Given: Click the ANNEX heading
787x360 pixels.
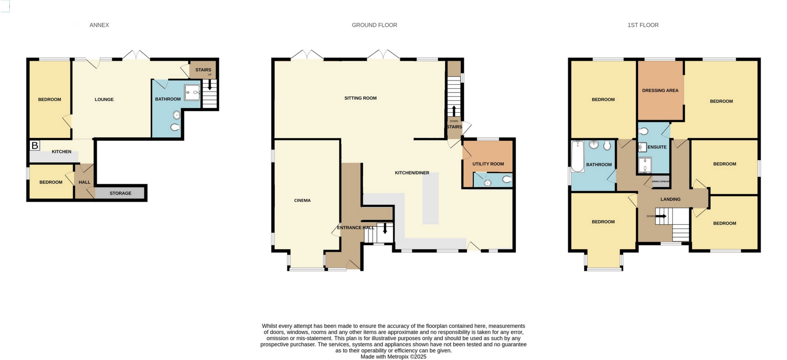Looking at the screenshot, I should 99,25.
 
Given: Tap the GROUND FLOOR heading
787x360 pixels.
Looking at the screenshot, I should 374,25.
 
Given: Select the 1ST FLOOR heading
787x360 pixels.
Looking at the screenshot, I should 643,25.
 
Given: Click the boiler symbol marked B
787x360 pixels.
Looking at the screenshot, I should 35,146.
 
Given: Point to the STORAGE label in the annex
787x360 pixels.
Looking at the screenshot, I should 120,193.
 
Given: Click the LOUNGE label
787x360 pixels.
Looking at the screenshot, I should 104,100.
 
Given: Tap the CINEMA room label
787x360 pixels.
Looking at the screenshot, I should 302,201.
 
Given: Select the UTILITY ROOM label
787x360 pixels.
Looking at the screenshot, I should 488,164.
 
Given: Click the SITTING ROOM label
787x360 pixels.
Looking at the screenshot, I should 360,98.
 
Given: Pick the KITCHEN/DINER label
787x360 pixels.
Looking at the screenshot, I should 412,173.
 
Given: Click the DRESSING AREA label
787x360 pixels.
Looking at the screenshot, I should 660,91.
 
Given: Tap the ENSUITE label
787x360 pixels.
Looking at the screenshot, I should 657,147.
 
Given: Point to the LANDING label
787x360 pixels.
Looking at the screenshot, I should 670,199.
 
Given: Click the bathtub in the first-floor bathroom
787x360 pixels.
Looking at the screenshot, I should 578,156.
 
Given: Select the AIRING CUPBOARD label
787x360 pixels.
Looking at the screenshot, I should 660,182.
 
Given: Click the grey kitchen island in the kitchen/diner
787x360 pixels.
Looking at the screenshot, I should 431,198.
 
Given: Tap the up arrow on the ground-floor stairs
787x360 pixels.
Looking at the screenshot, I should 454,110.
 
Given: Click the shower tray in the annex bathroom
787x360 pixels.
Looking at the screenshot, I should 192,93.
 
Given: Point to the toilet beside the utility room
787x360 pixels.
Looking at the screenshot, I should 507,180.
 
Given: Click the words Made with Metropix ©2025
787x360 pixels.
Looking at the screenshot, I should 393,357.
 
